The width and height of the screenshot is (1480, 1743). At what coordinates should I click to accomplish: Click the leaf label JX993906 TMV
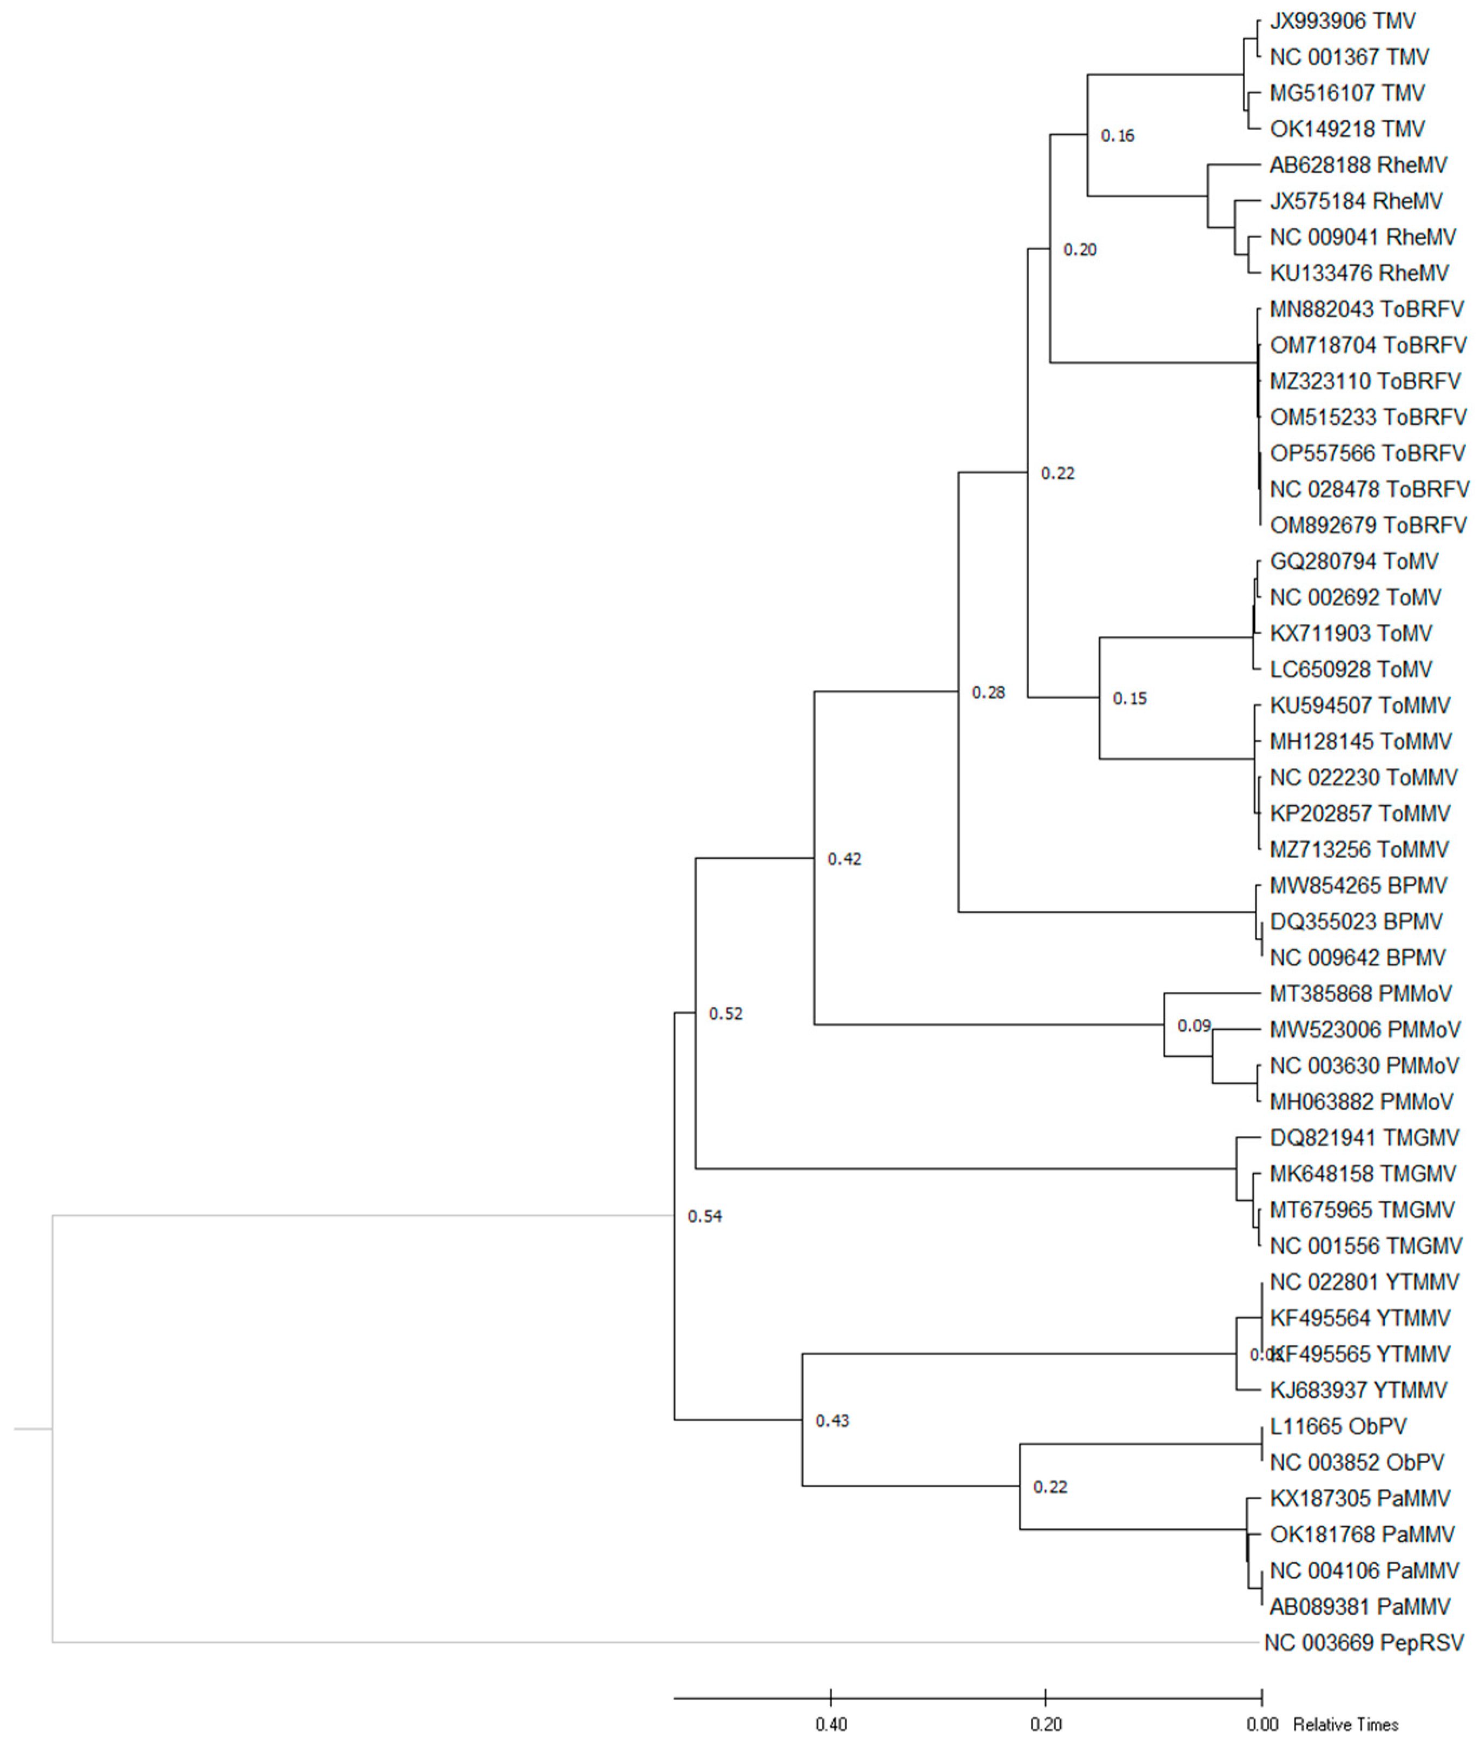point(1343,21)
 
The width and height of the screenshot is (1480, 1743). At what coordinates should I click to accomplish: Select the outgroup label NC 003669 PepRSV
point(1363,1642)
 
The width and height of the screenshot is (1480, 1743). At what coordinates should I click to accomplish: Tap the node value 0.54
point(705,1216)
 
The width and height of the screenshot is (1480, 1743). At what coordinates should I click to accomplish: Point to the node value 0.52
point(726,1014)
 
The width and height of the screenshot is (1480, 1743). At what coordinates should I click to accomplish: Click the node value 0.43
point(833,1420)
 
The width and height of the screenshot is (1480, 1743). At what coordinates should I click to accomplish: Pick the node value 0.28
point(988,692)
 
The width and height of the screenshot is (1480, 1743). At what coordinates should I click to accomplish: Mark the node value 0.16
point(1118,136)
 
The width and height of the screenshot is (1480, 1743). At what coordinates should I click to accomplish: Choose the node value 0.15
point(1129,698)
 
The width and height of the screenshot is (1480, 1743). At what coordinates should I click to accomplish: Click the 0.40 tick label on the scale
point(831,1725)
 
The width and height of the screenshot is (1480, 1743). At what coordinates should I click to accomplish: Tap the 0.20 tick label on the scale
point(1046,1725)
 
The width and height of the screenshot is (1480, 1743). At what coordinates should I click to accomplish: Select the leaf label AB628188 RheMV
point(1358,166)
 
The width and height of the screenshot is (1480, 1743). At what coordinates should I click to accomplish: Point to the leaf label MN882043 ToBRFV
point(1367,310)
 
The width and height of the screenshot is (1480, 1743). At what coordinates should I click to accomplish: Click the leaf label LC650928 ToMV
point(1351,670)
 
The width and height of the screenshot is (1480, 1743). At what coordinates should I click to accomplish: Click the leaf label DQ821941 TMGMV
point(1364,1138)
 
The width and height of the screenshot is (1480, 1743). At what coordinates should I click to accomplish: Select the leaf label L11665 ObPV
point(1338,1426)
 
